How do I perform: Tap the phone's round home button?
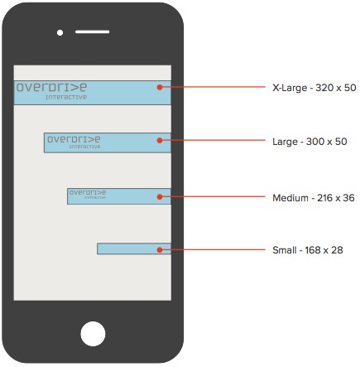[x=93, y=334]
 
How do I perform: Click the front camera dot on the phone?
[x=60, y=32]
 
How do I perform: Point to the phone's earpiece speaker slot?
[x=93, y=32]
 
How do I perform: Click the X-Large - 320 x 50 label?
[x=314, y=88]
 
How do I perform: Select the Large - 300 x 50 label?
[x=310, y=142]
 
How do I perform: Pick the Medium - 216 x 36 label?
[x=314, y=198]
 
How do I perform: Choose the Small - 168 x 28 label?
[x=308, y=250]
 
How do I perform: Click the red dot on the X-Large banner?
[x=160, y=87]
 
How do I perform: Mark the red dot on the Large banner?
[x=160, y=140]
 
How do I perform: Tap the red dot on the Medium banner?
[x=160, y=196]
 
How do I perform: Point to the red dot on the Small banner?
[x=160, y=249]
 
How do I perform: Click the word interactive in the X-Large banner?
[x=66, y=97]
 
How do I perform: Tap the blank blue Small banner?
[x=134, y=249]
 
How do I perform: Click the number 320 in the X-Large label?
[x=326, y=88]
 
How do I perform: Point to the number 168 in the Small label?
[x=313, y=250]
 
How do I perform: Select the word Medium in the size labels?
[x=290, y=198]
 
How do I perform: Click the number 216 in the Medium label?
[x=325, y=198]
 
